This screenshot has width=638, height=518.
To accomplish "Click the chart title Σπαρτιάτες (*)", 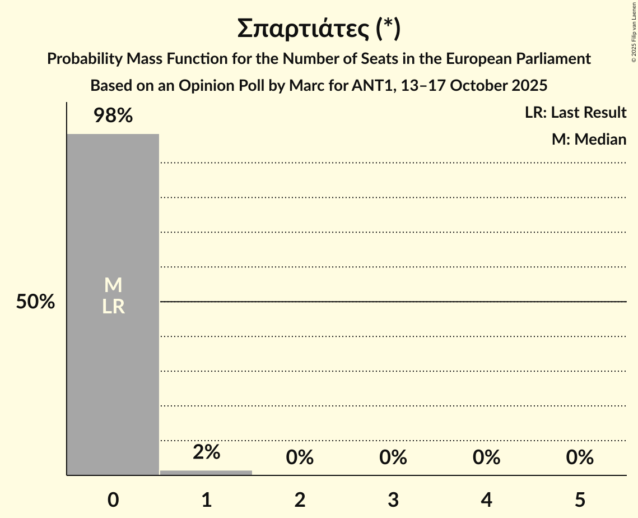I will click(x=318, y=29).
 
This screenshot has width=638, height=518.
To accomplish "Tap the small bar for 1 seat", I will click(x=206, y=473).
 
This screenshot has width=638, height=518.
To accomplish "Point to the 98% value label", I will click(x=113, y=116).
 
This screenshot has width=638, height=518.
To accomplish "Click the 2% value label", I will click(x=206, y=452).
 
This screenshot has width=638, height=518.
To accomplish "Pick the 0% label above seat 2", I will click(x=300, y=457).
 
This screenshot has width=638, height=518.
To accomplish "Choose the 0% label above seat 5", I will click(x=580, y=457).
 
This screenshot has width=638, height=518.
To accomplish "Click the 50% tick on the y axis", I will click(x=35, y=302).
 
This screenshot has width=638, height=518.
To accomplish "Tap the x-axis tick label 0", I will click(x=113, y=499).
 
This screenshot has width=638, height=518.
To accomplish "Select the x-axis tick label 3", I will click(x=393, y=499).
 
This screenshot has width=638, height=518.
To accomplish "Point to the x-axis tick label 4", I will click(x=486, y=499).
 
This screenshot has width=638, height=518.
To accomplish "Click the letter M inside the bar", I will click(x=113, y=285).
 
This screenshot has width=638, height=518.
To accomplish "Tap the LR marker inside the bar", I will click(x=113, y=307).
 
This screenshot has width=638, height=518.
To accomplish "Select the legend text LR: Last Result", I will click(x=575, y=113).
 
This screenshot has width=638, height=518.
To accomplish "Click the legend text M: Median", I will click(x=589, y=140).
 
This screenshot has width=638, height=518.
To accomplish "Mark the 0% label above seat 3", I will click(x=393, y=457).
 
